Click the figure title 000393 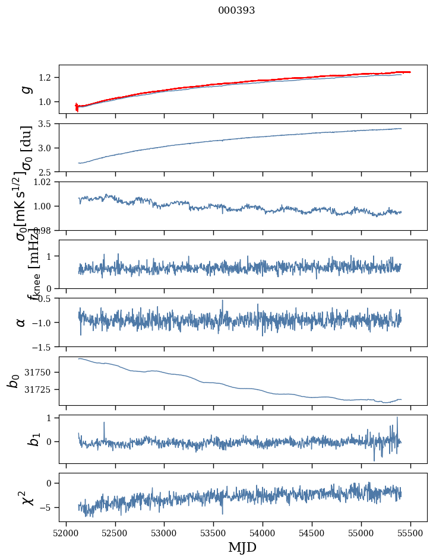tap(236, 10)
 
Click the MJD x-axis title tap(242, 548)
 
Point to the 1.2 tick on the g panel tap(48, 78)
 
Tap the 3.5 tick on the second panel tap(48, 124)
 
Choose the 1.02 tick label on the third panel tap(45, 182)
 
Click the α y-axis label tap(21, 322)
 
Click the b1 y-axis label tap(18, 440)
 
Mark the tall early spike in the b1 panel tap(104, 422)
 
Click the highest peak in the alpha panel tap(223, 300)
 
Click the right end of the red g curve tap(410, 72)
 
